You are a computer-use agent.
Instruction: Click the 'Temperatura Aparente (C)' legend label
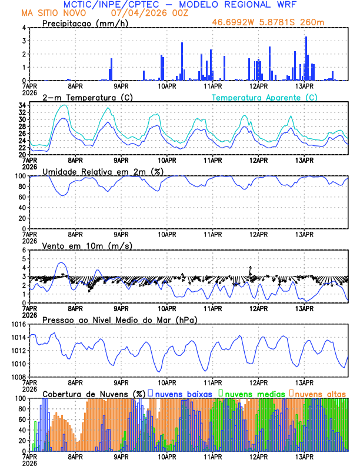click(x=264, y=97)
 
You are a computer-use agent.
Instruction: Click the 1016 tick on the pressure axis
click(x=18, y=324)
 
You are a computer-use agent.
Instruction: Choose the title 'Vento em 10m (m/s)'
click(x=79, y=245)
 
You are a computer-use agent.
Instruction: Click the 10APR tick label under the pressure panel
click(x=166, y=382)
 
